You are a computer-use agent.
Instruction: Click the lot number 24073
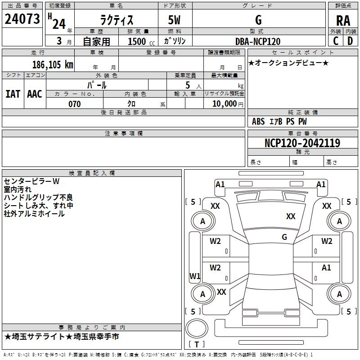[x=22, y=19]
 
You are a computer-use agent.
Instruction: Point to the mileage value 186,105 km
[x=53, y=65]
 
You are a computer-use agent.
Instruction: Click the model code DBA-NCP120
[x=258, y=41]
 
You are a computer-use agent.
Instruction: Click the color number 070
[x=74, y=104]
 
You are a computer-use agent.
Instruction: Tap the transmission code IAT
[x=13, y=94]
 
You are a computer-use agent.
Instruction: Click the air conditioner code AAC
[x=34, y=94]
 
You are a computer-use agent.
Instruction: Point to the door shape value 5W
[x=175, y=20]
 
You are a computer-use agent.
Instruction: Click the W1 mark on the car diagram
[x=194, y=276]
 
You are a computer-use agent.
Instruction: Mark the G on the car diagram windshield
[x=284, y=237]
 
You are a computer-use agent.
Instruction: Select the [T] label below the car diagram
[x=197, y=344]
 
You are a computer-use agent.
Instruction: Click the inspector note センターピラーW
[x=31, y=181]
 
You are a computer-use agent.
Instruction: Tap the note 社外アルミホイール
[x=34, y=214]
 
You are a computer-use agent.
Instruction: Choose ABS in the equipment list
[x=258, y=121]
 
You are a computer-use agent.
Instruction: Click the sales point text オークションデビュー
[x=288, y=63]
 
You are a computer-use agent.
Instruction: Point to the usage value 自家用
[x=96, y=41]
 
